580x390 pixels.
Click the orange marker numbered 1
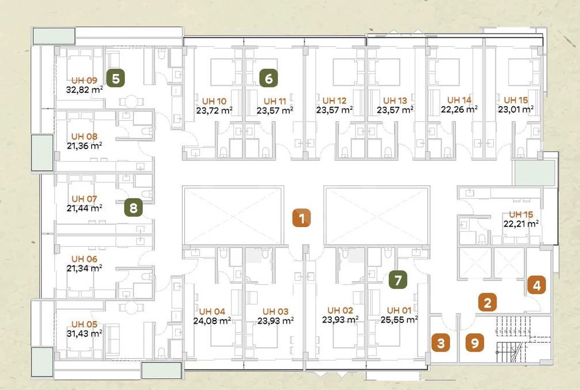point(301,218)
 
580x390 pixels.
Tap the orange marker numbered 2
point(487,302)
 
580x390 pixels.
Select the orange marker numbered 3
point(441,343)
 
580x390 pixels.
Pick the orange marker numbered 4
point(536,285)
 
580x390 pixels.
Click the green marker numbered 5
point(116,78)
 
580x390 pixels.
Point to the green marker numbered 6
point(268,78)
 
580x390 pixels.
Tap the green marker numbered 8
point(133,207)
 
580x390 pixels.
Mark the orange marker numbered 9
point(475,343)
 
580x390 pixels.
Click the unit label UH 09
point(84,80)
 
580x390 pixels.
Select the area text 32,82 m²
point(84,90)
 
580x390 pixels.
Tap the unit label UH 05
point(84,324)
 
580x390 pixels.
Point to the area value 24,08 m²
point(212,321)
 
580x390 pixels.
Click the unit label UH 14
point(459,100)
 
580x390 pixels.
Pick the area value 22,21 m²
point(521,224)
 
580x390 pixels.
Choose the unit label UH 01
point(399,310)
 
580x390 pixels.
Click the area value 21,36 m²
point(84,146)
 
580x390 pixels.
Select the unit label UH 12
point(334,101)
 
